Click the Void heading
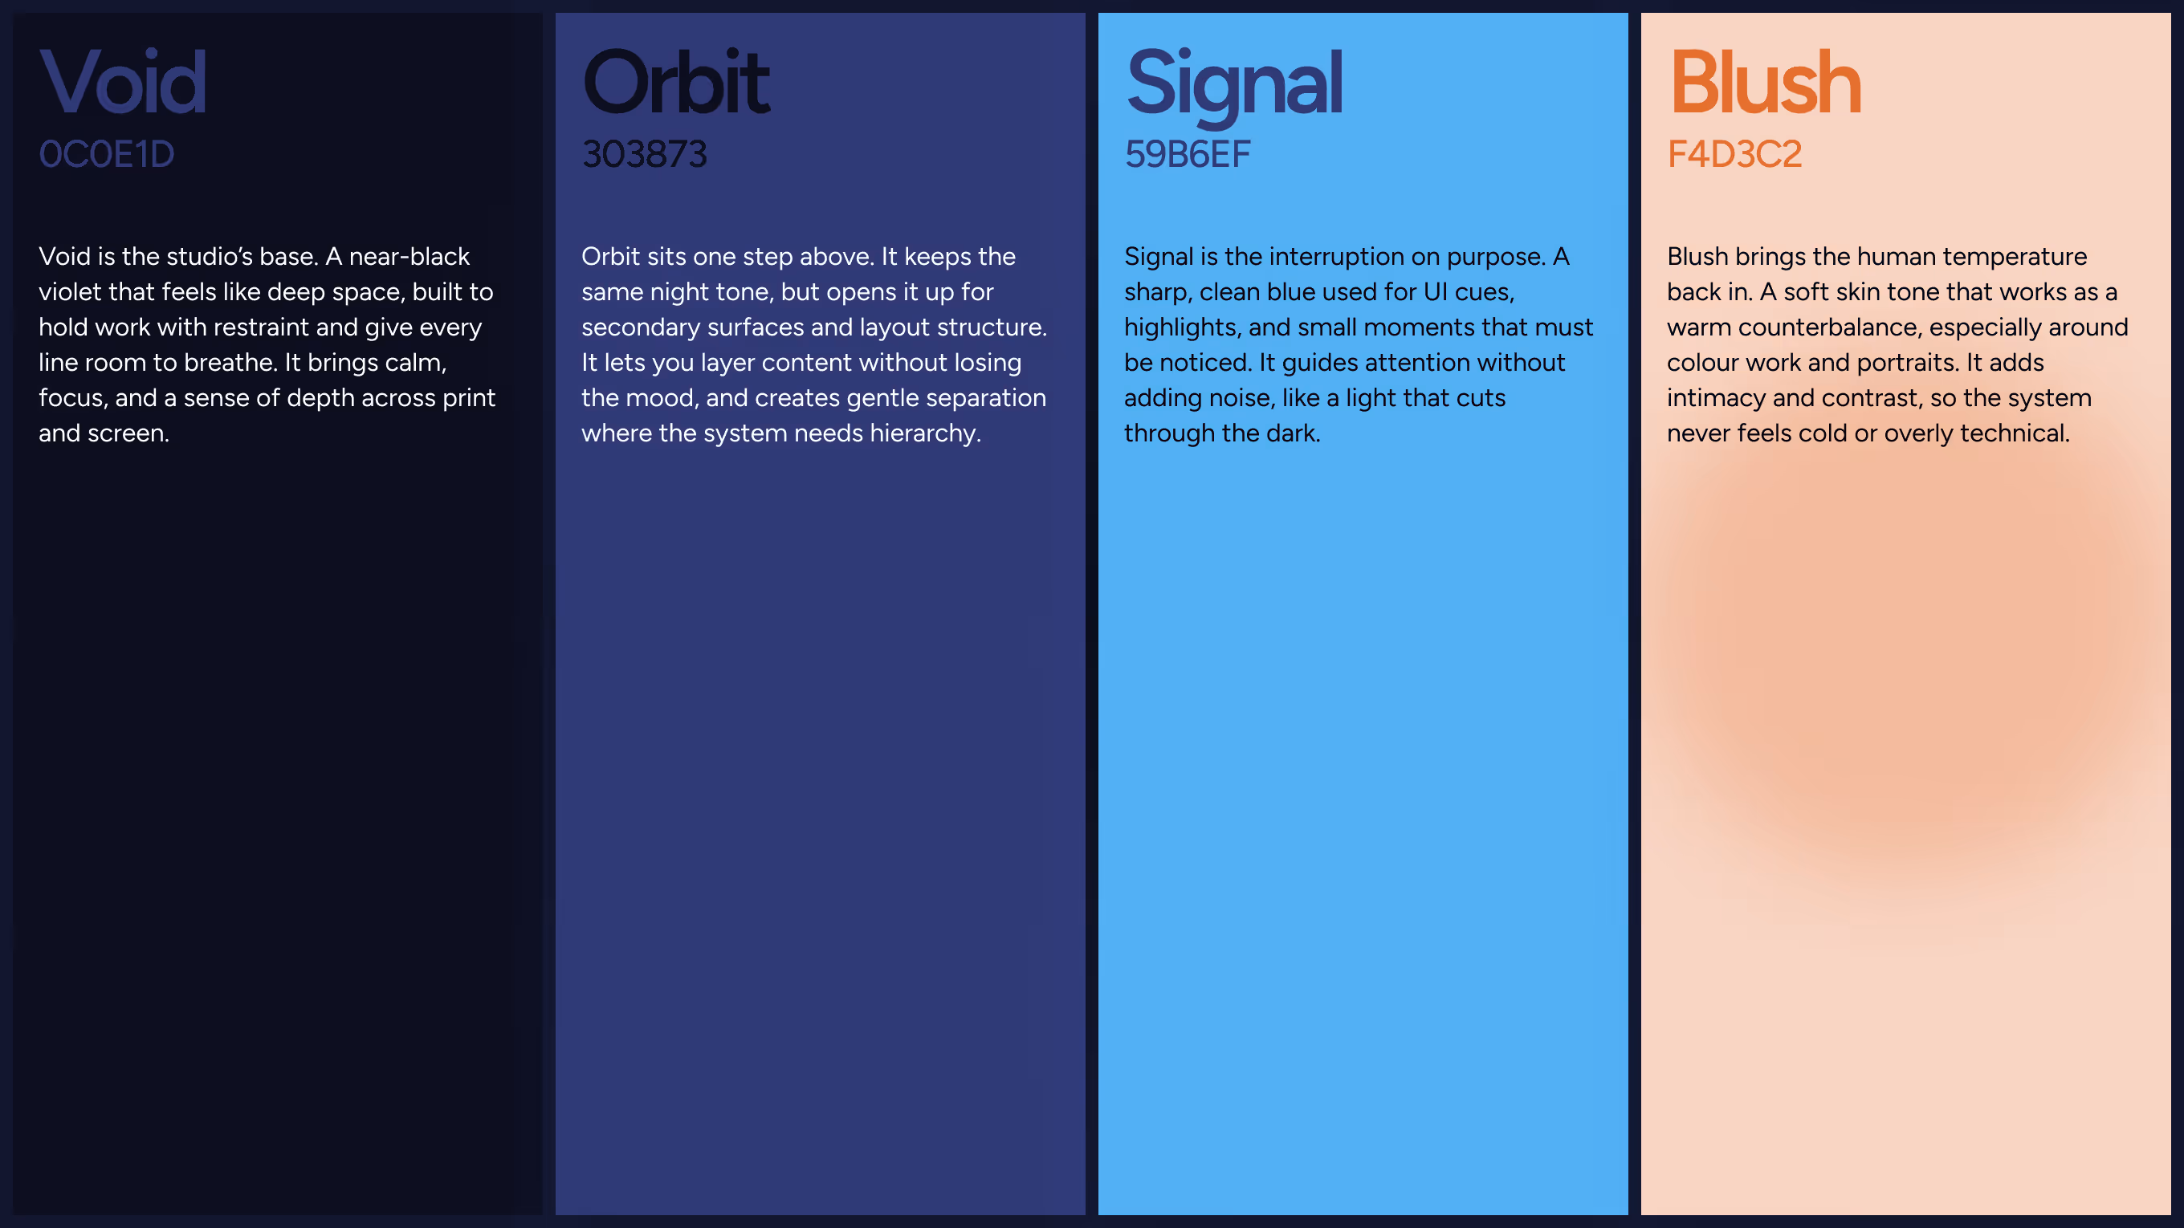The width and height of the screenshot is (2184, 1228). pos(123,82)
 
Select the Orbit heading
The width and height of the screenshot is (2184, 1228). pos(676,82)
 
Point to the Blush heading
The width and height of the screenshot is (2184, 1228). pos(1764,82)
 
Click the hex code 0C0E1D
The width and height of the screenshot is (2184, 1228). pos(107,154)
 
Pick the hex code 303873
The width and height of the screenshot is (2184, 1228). pos(644,154)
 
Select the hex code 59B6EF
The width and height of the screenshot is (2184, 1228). pos(1187,154)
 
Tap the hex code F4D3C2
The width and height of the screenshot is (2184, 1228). pos(1734,154)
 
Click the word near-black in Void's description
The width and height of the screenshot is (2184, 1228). pos(409,257)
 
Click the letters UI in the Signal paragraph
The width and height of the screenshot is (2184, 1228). pos(1435,292)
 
